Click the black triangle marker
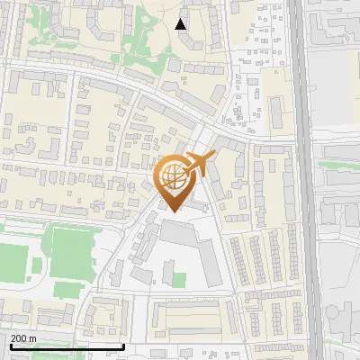click(x=181, y=24)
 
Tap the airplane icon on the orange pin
click(x=199, y=165)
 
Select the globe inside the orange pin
click(x=174, y=178)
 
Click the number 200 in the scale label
click(x=20, y=338)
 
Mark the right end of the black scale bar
click(x=123, y=346)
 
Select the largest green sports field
click(x=69, y=251)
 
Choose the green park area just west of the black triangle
click(x=144, y=36)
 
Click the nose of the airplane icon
click(x=213, y=157)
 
